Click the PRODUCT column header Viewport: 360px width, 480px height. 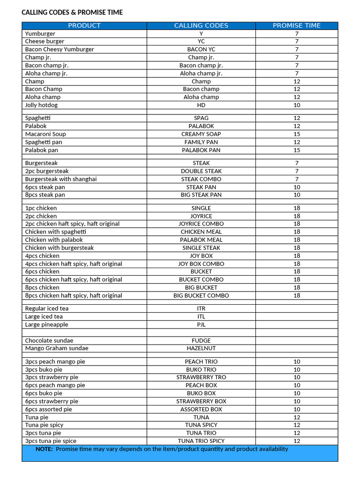84,26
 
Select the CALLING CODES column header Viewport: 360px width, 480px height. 201,26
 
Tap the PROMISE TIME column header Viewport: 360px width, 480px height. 297,26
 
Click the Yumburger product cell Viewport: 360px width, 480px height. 40,34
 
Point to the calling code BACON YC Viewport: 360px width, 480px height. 201,49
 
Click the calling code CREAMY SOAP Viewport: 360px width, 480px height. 201,134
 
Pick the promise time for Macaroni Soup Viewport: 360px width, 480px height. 297,134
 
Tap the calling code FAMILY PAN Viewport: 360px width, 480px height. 201,142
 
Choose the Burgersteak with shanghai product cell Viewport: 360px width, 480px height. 61,179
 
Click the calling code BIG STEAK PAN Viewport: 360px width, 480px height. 201,195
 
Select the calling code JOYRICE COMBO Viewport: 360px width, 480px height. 201,224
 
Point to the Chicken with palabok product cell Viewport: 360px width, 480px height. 54,240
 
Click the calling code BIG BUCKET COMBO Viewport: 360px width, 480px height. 201,295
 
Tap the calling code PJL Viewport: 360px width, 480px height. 201,324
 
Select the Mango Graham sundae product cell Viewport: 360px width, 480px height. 57,348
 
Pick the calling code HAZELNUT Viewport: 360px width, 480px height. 201,348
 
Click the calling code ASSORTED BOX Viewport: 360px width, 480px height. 201,409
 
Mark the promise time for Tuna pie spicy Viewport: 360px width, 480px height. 297,425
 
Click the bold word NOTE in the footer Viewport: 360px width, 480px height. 44,449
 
